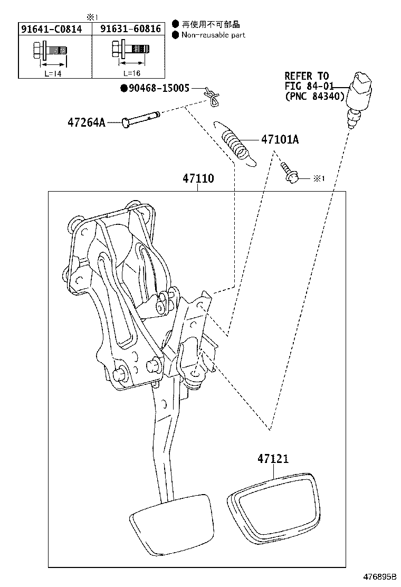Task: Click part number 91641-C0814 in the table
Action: [x=51, y=29]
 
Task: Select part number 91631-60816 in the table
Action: [x=130, y=29]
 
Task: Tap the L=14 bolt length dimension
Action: [x=53, y=74]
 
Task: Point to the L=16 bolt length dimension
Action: [x=132, y=73]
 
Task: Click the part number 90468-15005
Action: [x=155, y=88]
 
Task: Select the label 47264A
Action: [x=87, y=122]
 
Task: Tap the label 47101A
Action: [x=280, y=140]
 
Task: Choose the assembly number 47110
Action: [x=198, y=178]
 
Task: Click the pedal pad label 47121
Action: [x=273, y=459]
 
